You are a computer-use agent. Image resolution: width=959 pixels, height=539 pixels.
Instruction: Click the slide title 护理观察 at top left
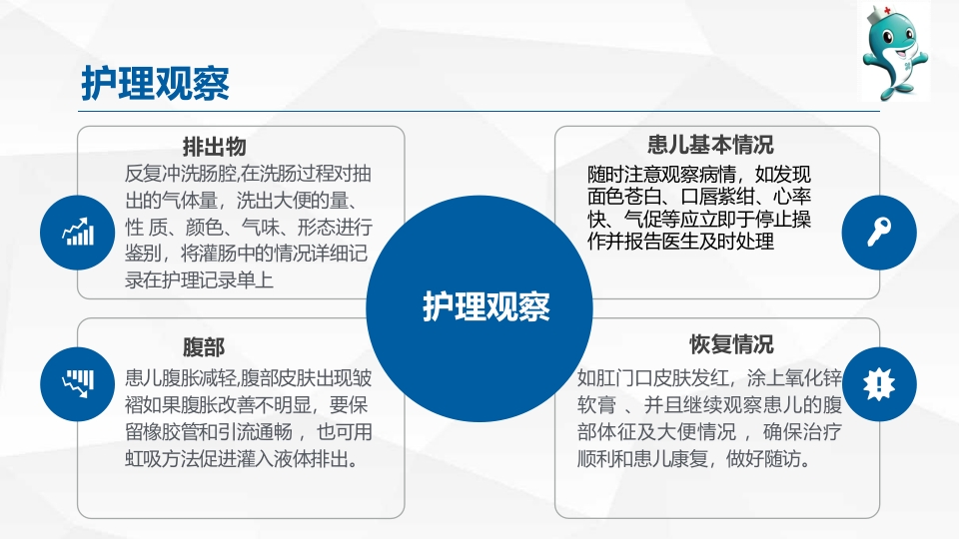[155, 85]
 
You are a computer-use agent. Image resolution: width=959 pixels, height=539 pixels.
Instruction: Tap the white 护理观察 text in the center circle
[486, 306]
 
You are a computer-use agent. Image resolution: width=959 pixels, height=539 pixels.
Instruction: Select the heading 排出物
[214, 147]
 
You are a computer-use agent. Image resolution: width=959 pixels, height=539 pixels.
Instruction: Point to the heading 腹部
[204, 347]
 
